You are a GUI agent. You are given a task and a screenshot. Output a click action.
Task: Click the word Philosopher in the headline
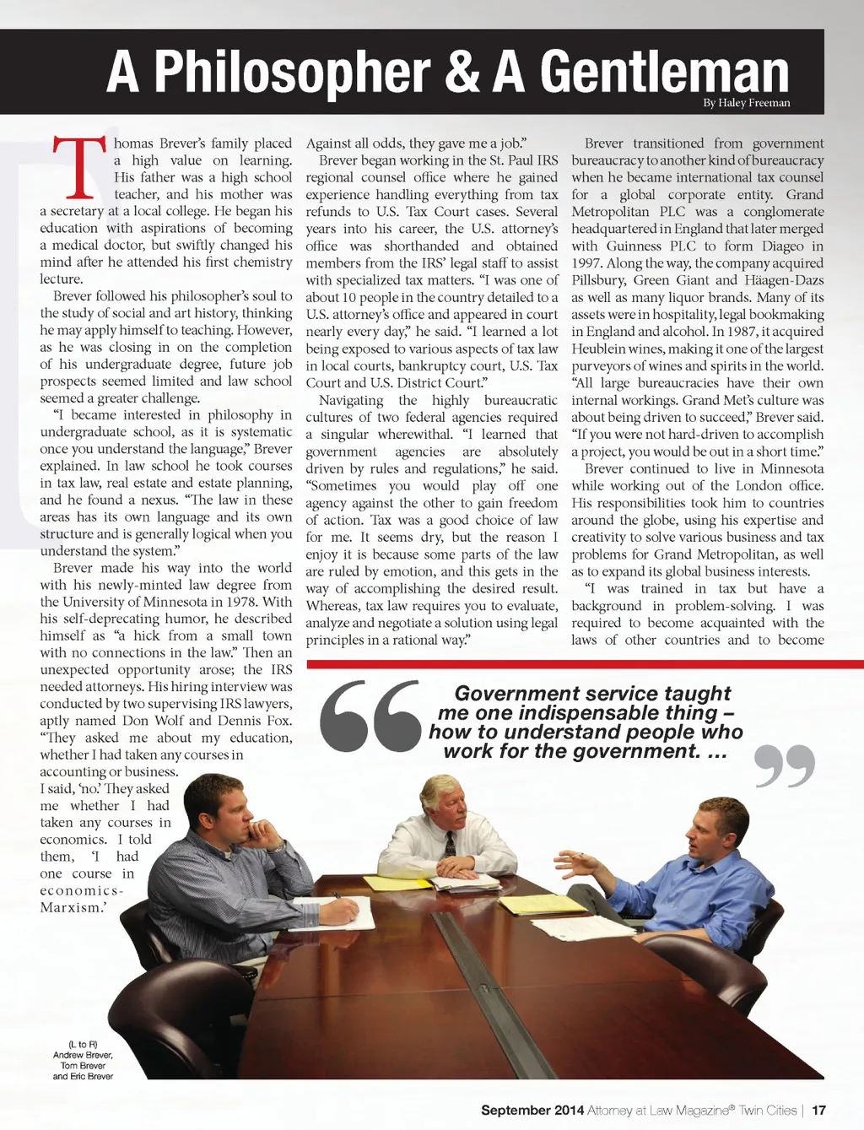coord(292,73)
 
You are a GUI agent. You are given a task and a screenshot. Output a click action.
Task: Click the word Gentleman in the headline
coord(664,73)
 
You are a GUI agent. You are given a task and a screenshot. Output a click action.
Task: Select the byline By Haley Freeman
coord(747,103)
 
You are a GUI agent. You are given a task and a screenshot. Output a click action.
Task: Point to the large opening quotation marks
coord(370,716)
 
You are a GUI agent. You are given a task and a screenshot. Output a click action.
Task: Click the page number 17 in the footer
coord(818,1111)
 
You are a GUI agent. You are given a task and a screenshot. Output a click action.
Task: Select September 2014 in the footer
coord(532,1111)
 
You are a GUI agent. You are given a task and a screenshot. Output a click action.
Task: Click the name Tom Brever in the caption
coord(83,1066)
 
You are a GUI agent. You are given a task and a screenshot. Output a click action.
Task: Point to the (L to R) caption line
coord(83,1045)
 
